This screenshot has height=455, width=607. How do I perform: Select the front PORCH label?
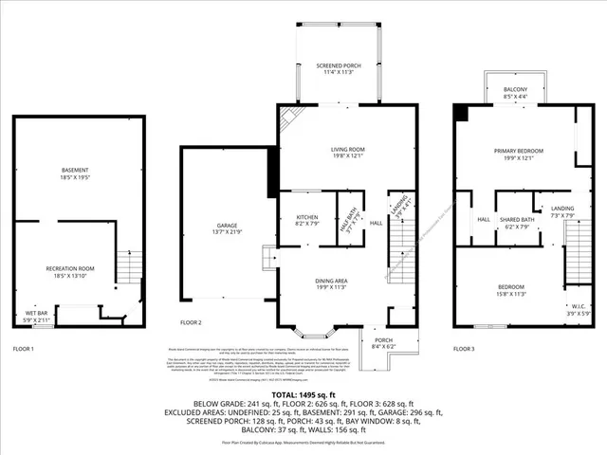(382, 343)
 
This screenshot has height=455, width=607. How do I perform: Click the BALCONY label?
(516, 92)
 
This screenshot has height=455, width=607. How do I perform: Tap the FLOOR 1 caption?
(23, 349)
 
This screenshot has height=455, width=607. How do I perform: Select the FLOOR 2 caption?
(191, 322)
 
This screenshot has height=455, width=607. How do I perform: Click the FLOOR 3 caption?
(464, 349)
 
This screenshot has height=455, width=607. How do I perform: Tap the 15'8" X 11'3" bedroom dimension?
(510, 294)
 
